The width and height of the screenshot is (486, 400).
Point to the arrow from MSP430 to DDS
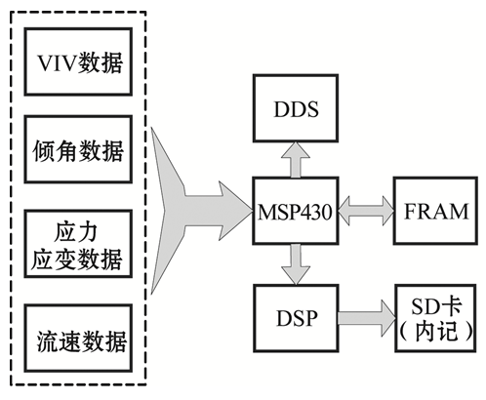click(x=296, y=160)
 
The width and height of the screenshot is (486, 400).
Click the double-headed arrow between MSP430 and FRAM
click(x=366, y=211)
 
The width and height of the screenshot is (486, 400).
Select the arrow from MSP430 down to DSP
click(x=296, y=264)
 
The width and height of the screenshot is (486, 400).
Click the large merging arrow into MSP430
click(x=202, y=211)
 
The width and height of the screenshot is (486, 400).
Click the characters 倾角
click(x=55, y=151)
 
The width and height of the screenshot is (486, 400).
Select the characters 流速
click(x=59, y=341)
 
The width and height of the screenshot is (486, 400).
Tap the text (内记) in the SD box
click(x=435, y=332)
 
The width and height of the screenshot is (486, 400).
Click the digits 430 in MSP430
click(x=315, y=212)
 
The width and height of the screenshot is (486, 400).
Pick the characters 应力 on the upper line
click(x=75, y=232)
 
